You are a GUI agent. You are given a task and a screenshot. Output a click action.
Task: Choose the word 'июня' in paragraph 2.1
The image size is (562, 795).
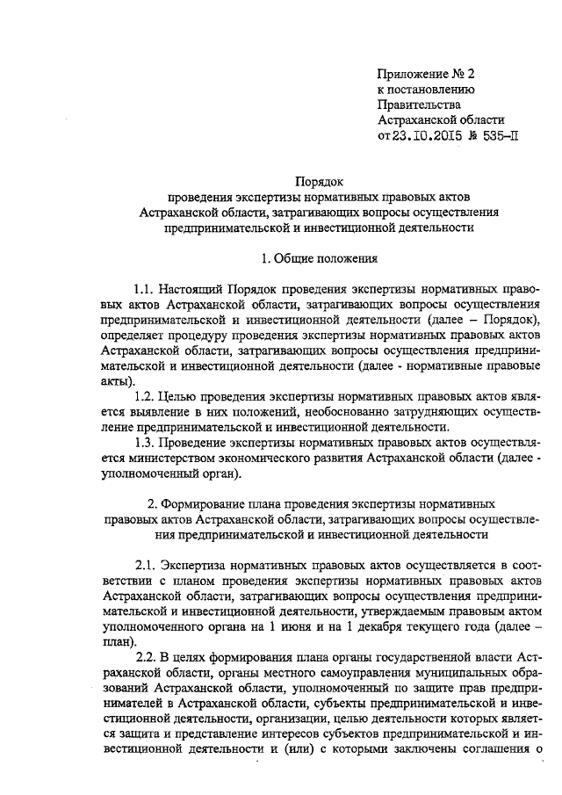click(x=295, y=626)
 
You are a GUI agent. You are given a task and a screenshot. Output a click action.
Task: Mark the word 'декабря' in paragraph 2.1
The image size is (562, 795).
click(x=383, y=626)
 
